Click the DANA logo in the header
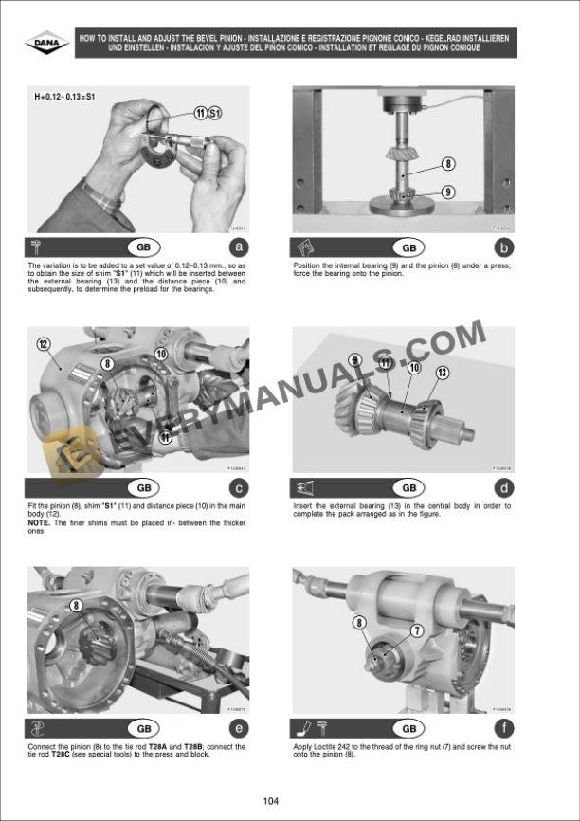[x=46, y=43]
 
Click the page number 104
[x=272, y=801]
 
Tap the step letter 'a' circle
[x=239, y=248]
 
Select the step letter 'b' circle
[x=504, y=248]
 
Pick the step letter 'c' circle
[x=239, y=488]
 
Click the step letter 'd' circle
[x=504, y=488]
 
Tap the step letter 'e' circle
[x=239, y=729]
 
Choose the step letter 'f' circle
[x=504, y=729]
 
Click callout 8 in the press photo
[x=447, y=163]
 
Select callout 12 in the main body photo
[x=43, y=343]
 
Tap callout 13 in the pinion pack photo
[x=442, y=373]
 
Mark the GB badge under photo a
[x=143, y=248]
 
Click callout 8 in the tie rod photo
[x=76, y=604]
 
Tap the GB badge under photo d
[x=408, y=488]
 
